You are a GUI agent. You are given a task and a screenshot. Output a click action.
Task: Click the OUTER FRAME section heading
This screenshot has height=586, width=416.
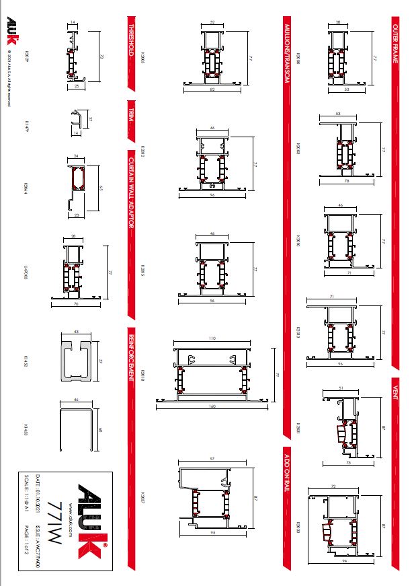397,40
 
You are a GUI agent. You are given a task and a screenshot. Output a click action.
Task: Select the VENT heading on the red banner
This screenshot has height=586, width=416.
397,389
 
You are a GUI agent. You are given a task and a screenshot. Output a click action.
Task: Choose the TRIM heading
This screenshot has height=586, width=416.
132,112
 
